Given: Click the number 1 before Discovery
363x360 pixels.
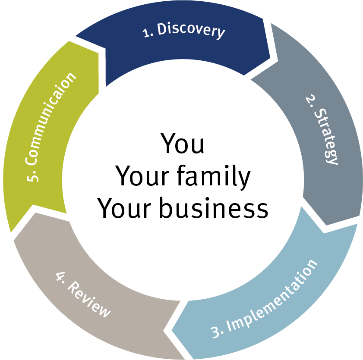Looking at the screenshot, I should point(147,33).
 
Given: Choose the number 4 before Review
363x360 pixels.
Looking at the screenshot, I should point(60,276).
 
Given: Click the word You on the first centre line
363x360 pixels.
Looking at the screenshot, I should point(182,144).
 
